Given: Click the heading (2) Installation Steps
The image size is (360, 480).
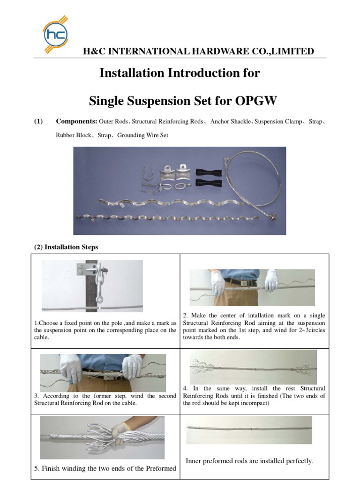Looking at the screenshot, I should (x=67, y=247).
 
